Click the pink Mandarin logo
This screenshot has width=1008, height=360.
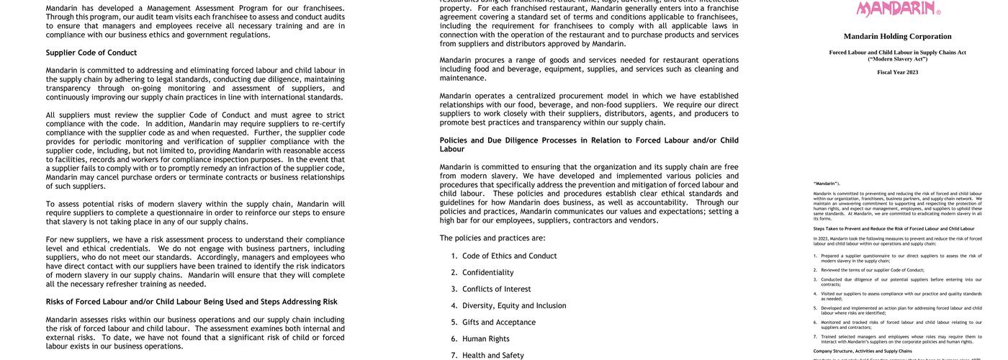point(897,8)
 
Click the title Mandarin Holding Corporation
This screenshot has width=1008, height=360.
point(897,37)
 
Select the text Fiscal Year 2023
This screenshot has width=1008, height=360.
point(897,72)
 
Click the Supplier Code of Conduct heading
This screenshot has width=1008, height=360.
point(91,53)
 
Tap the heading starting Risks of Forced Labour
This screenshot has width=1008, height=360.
point(192,302)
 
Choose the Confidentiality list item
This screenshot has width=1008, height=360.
point(487,272)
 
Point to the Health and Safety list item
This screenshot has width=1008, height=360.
point(492,355)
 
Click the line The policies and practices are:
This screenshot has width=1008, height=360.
point(492,238)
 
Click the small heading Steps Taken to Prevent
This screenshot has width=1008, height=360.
point(894,229)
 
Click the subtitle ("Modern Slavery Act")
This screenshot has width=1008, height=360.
point(897,58)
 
